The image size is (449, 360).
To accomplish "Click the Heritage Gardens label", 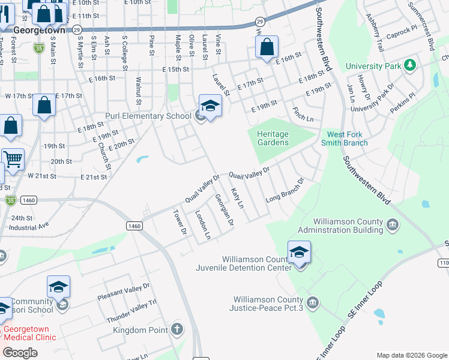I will tap(273, 138).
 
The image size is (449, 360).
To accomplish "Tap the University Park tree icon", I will tap(411, 64).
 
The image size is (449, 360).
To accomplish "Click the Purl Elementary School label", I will tap(148, 116).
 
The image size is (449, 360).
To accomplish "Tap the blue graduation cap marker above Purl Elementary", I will tap(210, 106).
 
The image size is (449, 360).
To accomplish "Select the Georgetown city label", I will tap(38, 28).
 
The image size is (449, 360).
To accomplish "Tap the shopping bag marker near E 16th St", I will tap(267, 47).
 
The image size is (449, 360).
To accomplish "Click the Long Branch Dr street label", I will tap(285, 190).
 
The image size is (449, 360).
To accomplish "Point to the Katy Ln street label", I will tap(237, 197).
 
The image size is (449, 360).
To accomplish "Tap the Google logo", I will tap(20, 353).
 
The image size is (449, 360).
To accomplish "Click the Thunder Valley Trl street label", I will tap(131, 311).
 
